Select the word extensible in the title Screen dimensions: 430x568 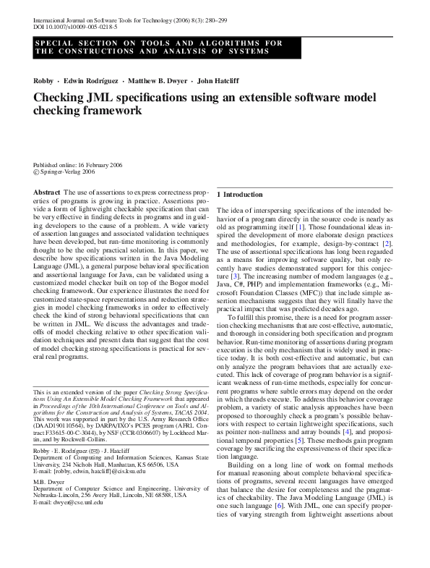(x=265, y=98)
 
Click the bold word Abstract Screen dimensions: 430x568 (x=47, y=191)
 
